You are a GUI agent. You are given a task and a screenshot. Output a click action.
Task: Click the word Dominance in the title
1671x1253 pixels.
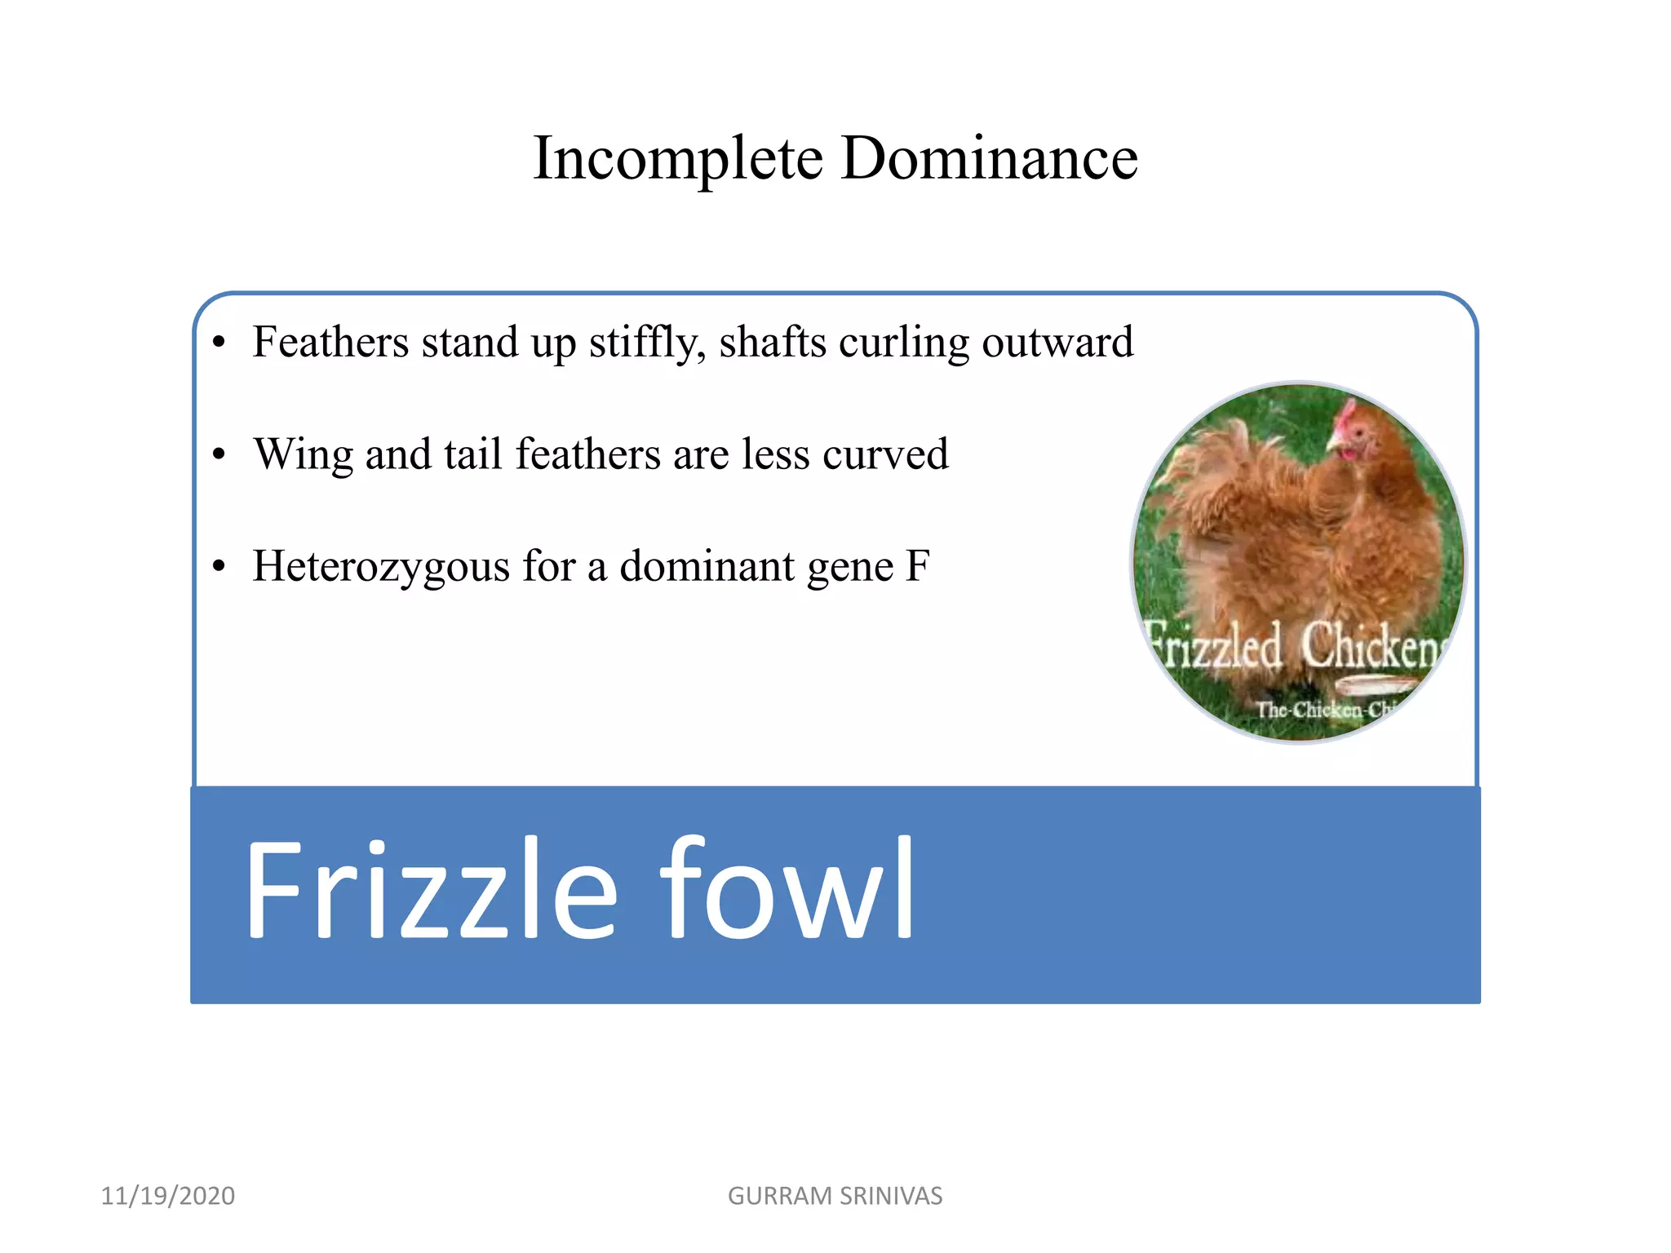[x=989, y=157]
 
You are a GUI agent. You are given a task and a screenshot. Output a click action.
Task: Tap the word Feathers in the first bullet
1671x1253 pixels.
[x=330, y=342]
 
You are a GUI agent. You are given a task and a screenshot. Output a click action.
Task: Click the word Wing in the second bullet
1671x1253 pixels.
[x=303, y=455]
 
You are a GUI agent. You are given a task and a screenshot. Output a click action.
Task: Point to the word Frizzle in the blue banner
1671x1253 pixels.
[x=431, y=890]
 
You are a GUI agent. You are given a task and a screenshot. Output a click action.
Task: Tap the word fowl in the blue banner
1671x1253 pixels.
[x=787, y=890]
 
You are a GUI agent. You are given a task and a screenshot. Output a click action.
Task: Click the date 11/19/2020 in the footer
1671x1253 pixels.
[x=168, y=1196]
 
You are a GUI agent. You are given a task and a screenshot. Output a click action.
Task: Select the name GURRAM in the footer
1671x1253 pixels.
[x=779, y=1196]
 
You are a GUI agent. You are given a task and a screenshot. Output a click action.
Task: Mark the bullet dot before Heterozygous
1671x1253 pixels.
[x=219, y=566]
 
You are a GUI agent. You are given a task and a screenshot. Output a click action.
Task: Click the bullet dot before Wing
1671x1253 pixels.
[x=219, y=454]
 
